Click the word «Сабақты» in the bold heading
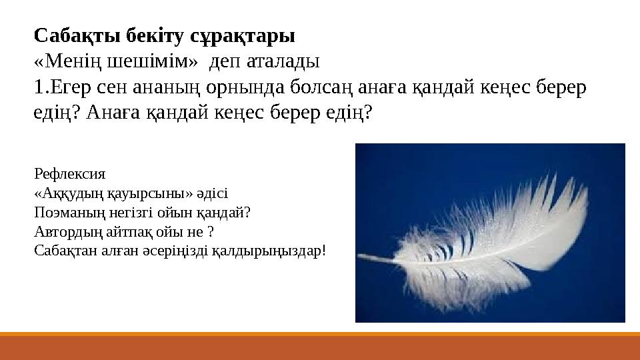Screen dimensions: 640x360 coord(77,36)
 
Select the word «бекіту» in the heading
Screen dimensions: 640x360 coord(155,35)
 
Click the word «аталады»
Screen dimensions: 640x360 coord(283,62)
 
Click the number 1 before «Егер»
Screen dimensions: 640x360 coord(39,87)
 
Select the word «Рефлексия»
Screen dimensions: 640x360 coord(70,174)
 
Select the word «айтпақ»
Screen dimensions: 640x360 coord(129,232)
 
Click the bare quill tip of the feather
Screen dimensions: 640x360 coord(360,256)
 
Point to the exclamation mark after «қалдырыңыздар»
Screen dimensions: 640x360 coord(324,250)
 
